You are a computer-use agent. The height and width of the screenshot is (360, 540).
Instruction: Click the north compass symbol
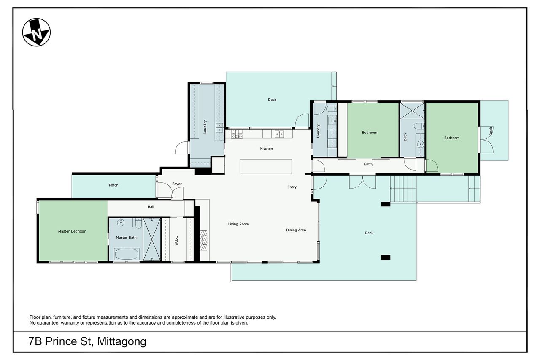point(36,32)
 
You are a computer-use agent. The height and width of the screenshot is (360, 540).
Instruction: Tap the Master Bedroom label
point(72,231)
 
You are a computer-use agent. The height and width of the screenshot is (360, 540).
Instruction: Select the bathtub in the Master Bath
point(127,254)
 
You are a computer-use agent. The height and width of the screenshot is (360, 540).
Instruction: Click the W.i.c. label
point(176,241)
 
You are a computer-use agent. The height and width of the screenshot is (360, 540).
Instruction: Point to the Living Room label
point(238,224)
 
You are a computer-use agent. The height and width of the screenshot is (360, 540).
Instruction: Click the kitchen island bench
point(266,166)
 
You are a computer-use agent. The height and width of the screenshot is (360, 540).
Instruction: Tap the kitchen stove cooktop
point(237,134)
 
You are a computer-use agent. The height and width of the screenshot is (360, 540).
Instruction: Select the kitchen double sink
point(279,134)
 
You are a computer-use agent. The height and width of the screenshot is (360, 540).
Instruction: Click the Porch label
point(113,185)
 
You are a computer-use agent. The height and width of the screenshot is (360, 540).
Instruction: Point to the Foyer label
point(177,184)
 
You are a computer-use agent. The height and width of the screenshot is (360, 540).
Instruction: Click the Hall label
point(151,207)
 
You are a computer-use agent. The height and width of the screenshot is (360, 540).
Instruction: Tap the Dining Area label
point(296,230)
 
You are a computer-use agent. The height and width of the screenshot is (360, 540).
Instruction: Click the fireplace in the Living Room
point(204,241)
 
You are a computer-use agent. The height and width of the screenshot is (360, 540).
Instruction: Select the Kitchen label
point(266,149)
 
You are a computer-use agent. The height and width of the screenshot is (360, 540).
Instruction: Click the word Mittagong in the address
point(121,342)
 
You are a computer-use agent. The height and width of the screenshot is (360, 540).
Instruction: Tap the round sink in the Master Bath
point(120,223)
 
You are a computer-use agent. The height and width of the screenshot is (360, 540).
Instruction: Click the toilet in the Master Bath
point(138,224)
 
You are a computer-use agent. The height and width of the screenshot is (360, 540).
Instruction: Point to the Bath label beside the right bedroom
point(405,137)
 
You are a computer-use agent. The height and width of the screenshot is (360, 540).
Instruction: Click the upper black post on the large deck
point(386,204)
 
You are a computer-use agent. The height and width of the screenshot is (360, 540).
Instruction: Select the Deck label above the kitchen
point(272,100)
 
